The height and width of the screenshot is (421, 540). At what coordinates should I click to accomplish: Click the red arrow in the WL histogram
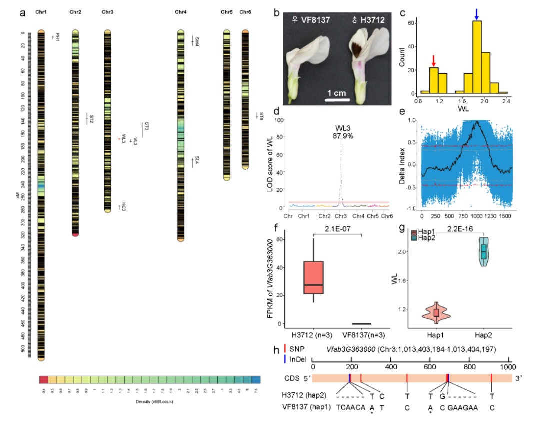coord(434,60)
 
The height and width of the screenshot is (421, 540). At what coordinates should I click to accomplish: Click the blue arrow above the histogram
coord(476,14)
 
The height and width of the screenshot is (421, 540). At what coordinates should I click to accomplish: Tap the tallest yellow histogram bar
coord(476,57)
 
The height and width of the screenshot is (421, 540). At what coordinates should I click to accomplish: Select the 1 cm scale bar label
coord(337,93)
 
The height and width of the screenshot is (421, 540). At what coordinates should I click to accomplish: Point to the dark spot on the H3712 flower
coord(358,50)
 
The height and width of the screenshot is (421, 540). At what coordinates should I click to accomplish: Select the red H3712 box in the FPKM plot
coord(314,277)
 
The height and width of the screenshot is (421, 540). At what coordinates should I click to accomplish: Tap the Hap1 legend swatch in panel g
coord(414,232)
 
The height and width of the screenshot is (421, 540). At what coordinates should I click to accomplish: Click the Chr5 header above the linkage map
coord(226,11)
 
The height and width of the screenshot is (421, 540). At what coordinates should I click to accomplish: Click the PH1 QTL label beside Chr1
coord(57,37)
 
